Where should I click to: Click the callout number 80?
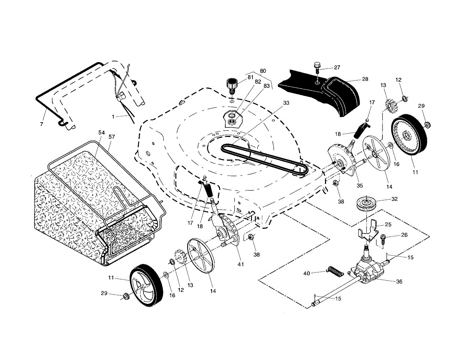263,71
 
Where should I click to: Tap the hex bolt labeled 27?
317,68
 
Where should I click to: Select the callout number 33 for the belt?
286,103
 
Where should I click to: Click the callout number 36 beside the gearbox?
399,281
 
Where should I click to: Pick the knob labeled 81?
232,86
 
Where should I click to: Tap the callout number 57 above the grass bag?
112,137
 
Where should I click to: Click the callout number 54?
102,133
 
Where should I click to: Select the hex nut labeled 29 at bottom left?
126,297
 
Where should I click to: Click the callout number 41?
241,264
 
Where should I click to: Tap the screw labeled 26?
383,239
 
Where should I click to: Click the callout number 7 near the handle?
42,124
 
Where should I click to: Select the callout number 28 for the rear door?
365,79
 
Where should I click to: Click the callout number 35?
360,186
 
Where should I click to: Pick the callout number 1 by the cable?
113,117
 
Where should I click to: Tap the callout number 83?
267,86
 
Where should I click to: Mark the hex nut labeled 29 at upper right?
428,125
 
